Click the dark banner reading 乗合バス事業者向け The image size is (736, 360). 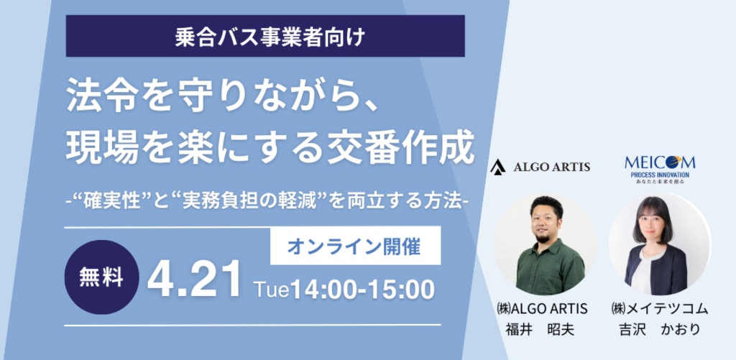(x=265, y=36)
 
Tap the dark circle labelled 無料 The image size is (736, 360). (x=101, y=277)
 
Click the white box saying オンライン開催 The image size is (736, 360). (x=355, y=246)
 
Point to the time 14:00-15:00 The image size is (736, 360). (x=362, y=290)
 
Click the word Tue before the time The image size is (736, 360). (x=271, y=290)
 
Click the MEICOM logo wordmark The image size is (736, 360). (x=660, y=163)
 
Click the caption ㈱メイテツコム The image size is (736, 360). (x=660, y=308)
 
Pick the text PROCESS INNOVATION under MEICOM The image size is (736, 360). (x=660, y=175)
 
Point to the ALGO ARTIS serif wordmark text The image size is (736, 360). (x=552, y=167)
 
